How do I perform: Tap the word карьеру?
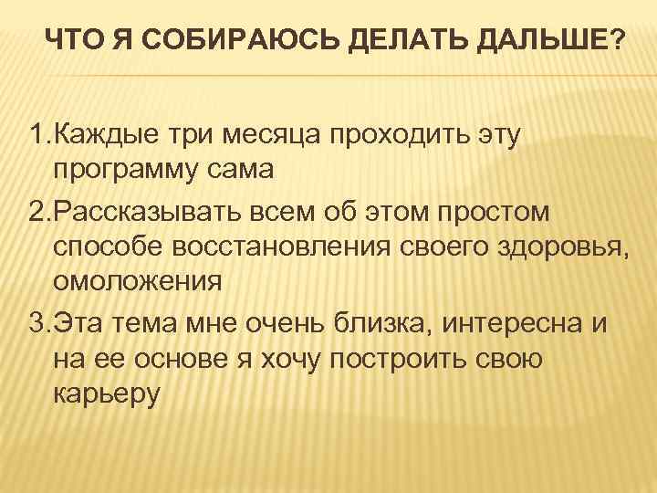107,397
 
